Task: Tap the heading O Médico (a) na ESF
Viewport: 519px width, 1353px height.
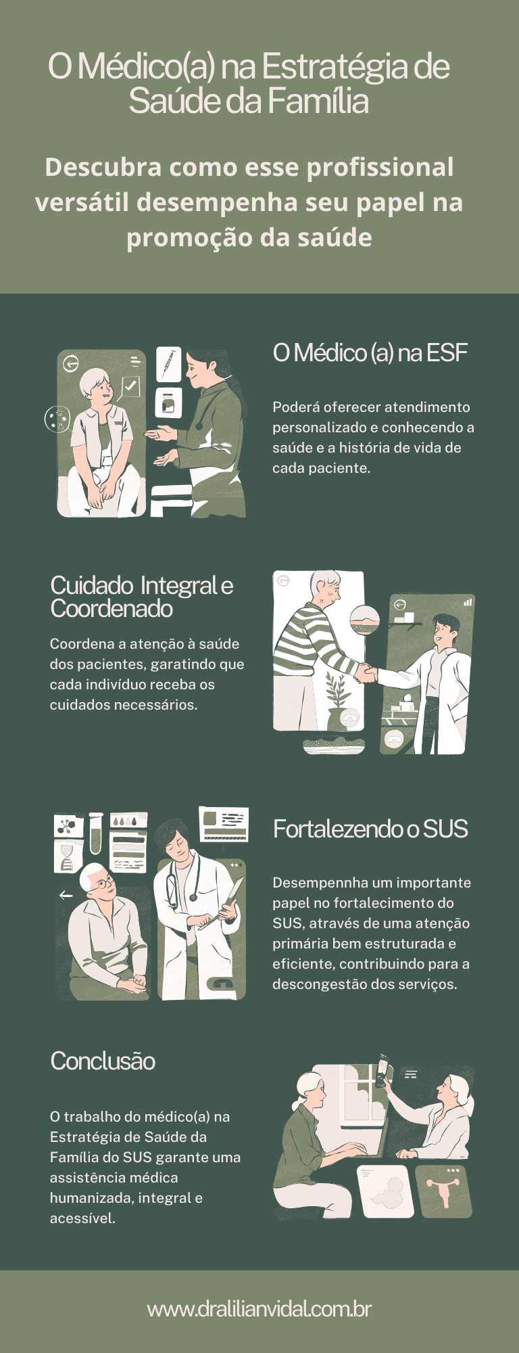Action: pyautogui.click(x=370, y=353)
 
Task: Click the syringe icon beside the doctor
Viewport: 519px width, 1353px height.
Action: pyautogui.click(x=168, y=364)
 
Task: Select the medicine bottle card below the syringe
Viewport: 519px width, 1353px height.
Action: pyautogui.click(x=168, y=403)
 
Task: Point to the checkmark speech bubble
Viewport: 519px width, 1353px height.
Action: pyautogui.click(x=130, y=386)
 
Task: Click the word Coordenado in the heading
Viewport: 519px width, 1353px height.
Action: pyautogui.click(x=112, y=609)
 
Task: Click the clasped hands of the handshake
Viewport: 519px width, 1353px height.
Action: pyautogui.click(x=366, y=673)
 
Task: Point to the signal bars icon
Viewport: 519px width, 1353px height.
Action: pyautogui.click(x=468, y=601)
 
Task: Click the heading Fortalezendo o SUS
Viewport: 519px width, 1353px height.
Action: pyautogui.click(x=370, y=829)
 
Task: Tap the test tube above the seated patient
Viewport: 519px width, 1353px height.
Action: pyautogui.click(x=95, y=833)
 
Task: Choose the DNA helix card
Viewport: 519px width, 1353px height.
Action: pyautogui.click(x=68, y=857)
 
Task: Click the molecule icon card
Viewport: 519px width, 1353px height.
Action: pyautogui.click(x=68, y=826)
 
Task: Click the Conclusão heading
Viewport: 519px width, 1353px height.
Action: pyautogui.click(x=103, y=1061)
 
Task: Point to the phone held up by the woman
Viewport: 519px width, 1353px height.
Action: pyautogui.click(x=382, y=1069)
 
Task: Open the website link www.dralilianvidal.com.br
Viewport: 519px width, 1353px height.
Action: pyautogui.click(x=259, y=1309)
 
